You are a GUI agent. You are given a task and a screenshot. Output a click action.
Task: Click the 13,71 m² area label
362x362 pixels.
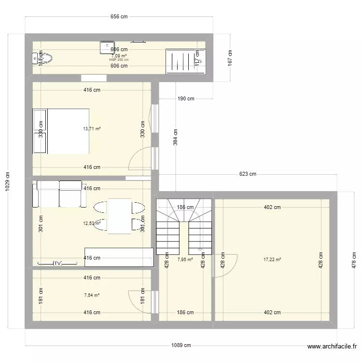pos(92,129)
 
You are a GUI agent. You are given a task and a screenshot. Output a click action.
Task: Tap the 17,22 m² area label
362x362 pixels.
pos(272,260)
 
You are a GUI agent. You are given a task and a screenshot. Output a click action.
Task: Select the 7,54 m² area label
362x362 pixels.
pos(92,295)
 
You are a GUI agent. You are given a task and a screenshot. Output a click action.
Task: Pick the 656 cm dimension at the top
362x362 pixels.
pos(119,17)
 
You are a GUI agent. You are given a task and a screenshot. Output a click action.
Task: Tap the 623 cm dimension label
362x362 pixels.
pos(246,174)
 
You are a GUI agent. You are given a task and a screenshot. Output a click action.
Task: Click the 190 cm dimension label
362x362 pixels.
pos(185,99)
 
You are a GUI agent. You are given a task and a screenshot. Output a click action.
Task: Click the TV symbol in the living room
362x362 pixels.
pos(57,263)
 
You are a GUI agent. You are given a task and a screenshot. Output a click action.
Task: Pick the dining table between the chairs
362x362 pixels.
pos(119,216)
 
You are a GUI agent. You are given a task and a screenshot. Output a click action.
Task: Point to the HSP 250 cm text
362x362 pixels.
pos(119,60)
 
